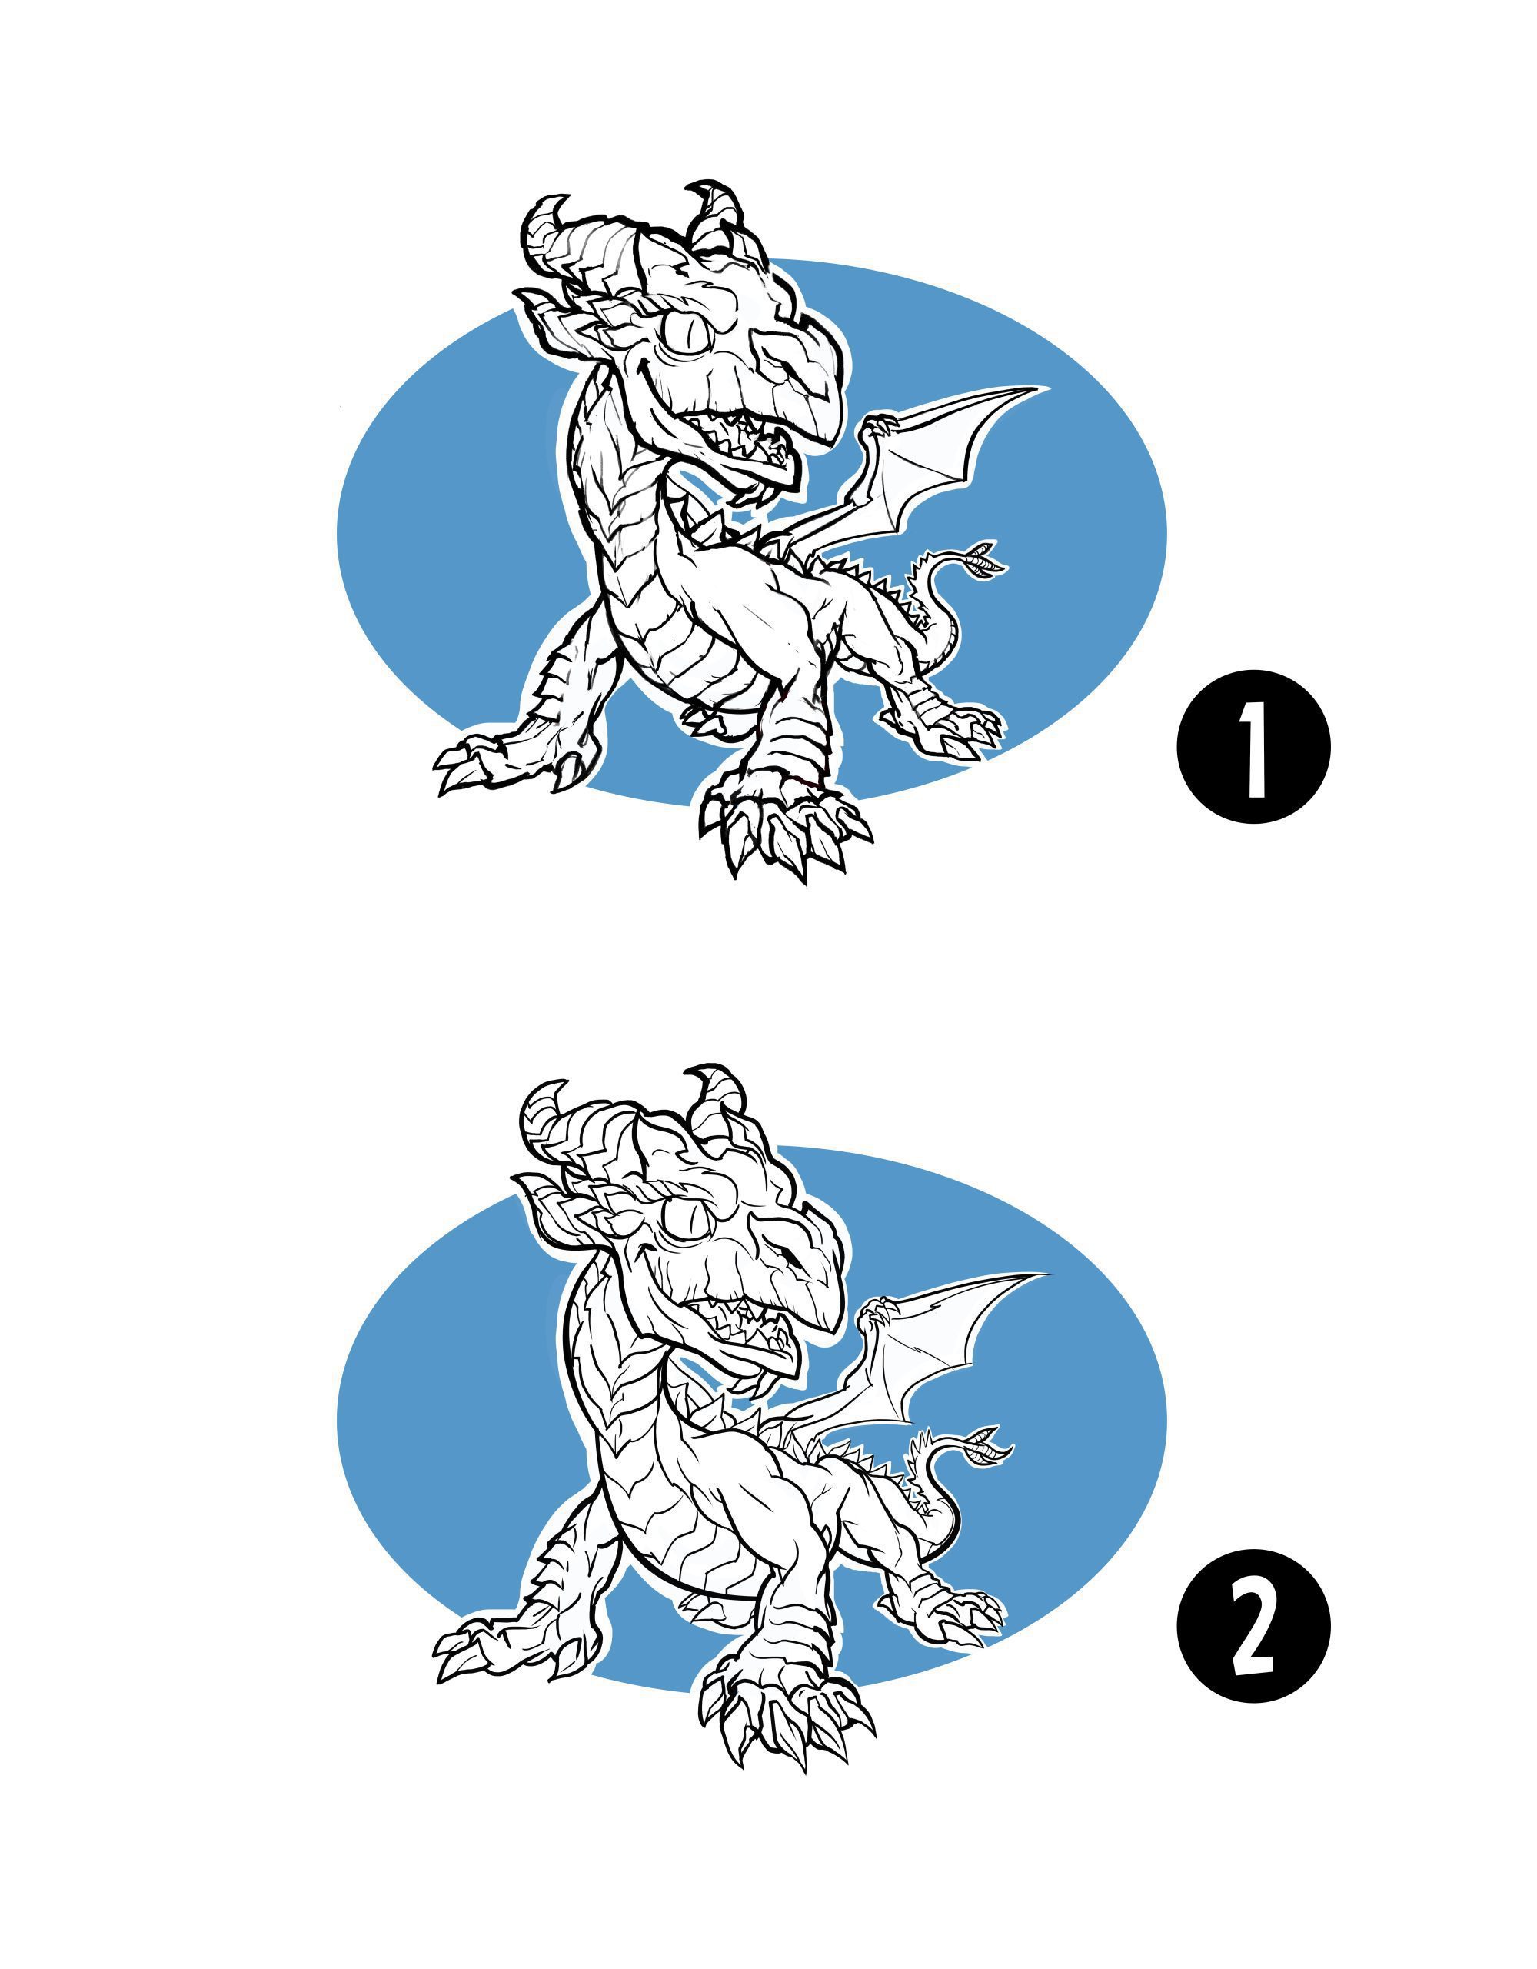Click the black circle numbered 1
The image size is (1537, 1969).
point(1253,747)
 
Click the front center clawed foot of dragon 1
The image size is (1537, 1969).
point(784,825)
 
